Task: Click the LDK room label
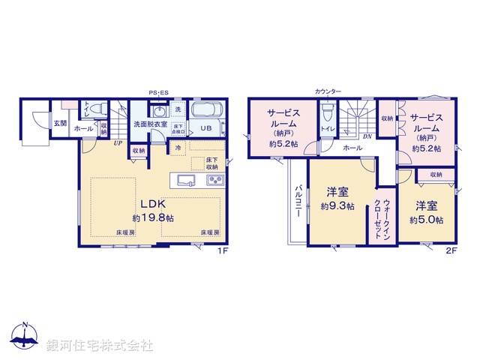(153, 203)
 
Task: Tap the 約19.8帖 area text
(153, 217)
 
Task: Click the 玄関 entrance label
(60, 124)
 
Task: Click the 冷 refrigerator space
(178, 148)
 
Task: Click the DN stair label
(367, 136)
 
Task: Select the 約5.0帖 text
(426, 220)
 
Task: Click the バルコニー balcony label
(298, 200)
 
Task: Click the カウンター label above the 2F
(328, 91)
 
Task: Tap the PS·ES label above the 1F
(158, 92)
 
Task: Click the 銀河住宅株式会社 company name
(100, 346)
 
